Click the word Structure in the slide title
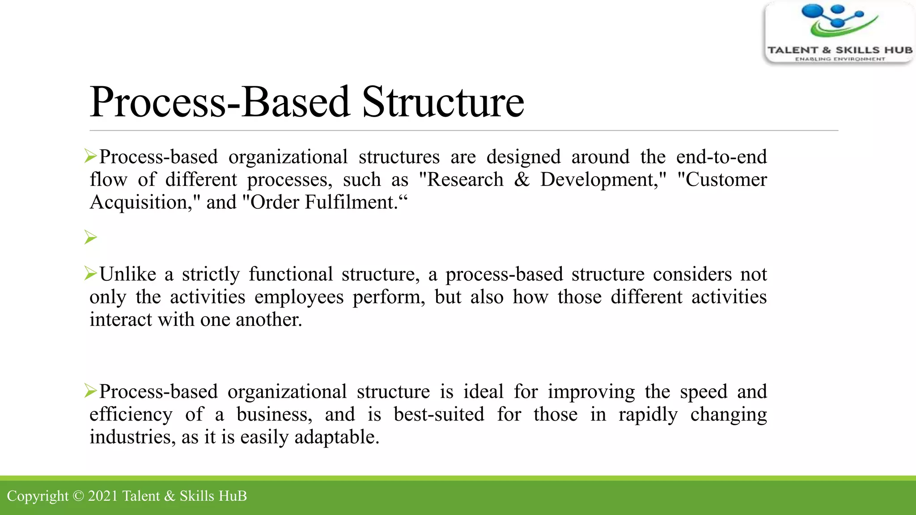443,102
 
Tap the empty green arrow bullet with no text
91,237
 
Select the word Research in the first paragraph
465,180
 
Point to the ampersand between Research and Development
522,180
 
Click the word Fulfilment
351,203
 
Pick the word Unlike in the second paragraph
128,274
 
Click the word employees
299,297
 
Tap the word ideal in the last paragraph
483,392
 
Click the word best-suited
439,415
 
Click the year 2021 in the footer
102,496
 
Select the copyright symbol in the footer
78,496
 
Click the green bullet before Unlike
91,273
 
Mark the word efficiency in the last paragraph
131,415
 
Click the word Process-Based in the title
219,102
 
